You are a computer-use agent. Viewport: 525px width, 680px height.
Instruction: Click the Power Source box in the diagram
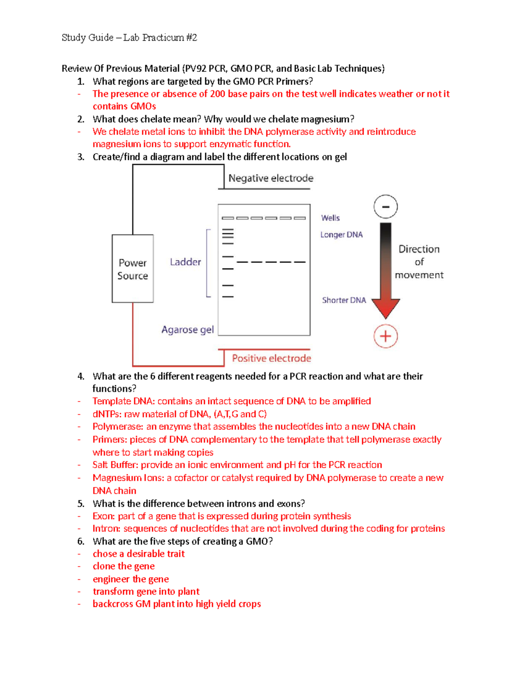133,269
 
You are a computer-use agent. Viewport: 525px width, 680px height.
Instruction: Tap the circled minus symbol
385,207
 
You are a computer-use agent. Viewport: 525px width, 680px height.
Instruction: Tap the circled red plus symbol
385,336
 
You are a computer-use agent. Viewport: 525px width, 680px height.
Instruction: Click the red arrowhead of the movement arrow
385,308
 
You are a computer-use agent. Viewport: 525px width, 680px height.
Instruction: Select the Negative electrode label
271,178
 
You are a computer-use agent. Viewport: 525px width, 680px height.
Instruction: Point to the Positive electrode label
271,358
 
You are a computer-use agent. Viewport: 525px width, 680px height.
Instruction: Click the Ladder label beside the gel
185,262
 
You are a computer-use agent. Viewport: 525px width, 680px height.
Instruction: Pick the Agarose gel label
187,330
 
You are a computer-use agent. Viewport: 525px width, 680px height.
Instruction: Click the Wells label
330,218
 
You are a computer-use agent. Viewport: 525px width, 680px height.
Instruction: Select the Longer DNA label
341,235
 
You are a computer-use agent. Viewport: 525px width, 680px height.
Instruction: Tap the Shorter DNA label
344,300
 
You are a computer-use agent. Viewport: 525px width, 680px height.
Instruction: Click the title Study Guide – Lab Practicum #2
129,38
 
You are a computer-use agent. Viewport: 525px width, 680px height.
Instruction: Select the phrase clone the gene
123,567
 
